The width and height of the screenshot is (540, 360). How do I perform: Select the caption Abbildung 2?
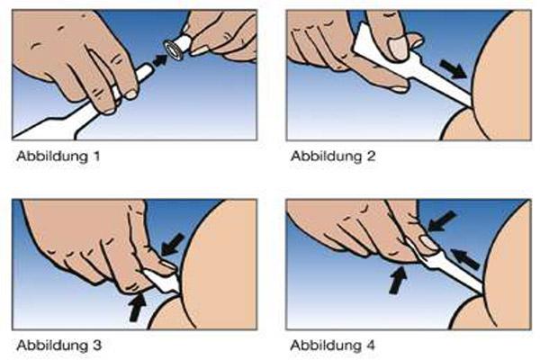[333, 156]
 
